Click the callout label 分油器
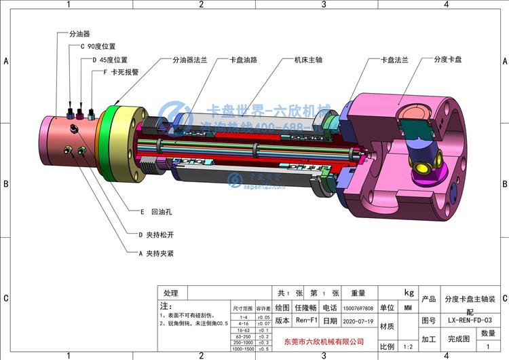coord(80,33)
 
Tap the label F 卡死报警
coord(121,72)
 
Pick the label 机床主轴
coord(307,60)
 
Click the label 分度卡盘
coord(448,60)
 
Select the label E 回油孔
coord(155,212)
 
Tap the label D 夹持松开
coord(157,234)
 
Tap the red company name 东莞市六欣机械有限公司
coord(323,341)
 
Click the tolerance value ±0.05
coord(263,317)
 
